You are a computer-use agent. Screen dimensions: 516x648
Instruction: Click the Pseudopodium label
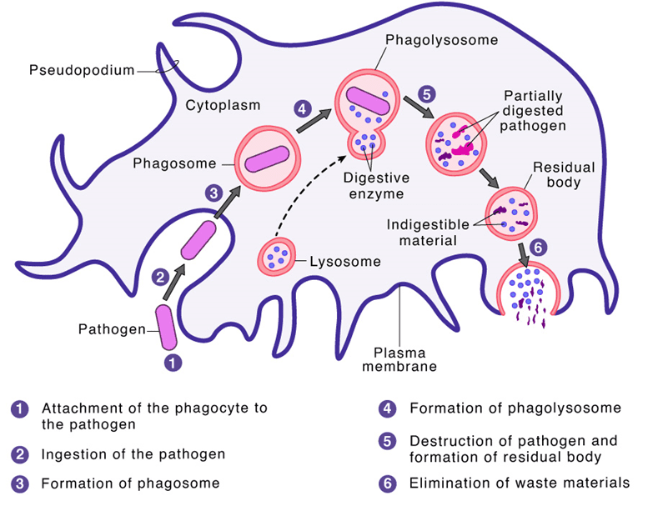(82, 71)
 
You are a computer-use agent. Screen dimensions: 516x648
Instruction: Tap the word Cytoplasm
(223, 106)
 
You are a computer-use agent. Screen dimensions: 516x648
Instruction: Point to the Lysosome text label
(344, 261)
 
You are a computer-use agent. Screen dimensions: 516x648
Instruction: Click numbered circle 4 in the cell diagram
(303, 108)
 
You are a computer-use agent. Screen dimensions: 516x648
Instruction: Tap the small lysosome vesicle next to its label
(277, 256)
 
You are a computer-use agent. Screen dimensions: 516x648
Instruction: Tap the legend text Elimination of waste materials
(520, 483)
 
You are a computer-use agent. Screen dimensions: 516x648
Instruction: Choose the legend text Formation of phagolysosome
(515, 408)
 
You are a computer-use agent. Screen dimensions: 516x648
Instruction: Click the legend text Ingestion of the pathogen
(133, 454)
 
